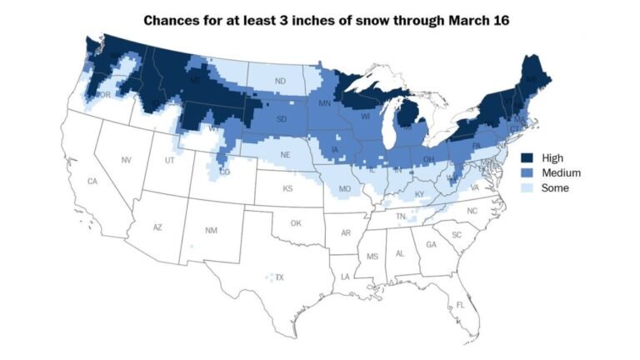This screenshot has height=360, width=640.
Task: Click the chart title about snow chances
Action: point(326,18)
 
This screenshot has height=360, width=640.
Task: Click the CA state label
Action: point(92,182)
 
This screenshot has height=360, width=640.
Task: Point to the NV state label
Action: point(127,160)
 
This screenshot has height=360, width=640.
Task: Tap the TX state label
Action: point(279,277)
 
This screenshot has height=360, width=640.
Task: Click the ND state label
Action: point(280,81)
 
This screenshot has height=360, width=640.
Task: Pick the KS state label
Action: point(287,189)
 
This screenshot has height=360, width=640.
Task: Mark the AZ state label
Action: point(156,227)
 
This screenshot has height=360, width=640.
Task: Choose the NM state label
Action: point(212,230)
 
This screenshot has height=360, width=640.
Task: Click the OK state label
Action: point(296,223)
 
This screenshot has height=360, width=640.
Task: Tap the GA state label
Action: point(431,245)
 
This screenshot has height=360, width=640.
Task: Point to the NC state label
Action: point(472,212)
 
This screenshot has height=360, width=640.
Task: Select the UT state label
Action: point(169,160)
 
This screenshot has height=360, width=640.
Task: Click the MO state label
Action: point(342,190)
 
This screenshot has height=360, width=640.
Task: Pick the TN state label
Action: point(400,216)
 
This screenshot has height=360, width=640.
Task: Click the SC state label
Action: point(457,235)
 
